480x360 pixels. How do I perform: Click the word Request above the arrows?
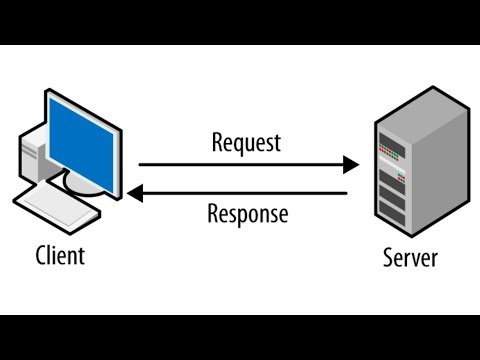pos(246,142)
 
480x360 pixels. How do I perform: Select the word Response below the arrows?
pos(247,213)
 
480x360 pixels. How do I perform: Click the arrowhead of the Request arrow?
pos(352,164)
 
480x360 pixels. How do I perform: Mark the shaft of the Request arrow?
pos(240,164)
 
